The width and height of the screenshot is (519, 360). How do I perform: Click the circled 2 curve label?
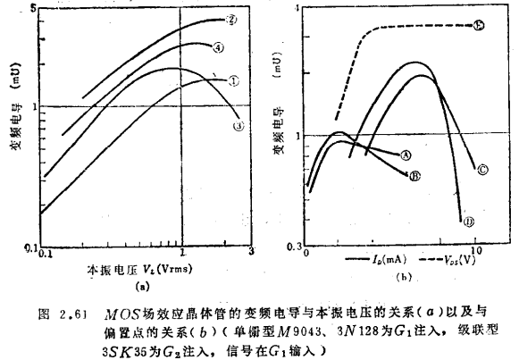tap(232, 20)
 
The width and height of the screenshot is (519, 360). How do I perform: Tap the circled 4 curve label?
tap(218, 47)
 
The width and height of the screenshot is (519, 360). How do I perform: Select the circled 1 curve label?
tap(233, 80)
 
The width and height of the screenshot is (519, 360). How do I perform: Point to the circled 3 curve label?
tap(239, 126)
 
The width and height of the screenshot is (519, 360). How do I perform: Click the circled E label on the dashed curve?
tap(480, 26)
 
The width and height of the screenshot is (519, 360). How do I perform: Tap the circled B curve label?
tap(414, 176)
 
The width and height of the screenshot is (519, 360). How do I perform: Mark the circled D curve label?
tap(468, 221)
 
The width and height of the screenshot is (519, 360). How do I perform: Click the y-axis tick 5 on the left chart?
tap(34, 8)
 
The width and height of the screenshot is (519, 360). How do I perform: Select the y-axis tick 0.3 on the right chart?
tap(290, 244)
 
